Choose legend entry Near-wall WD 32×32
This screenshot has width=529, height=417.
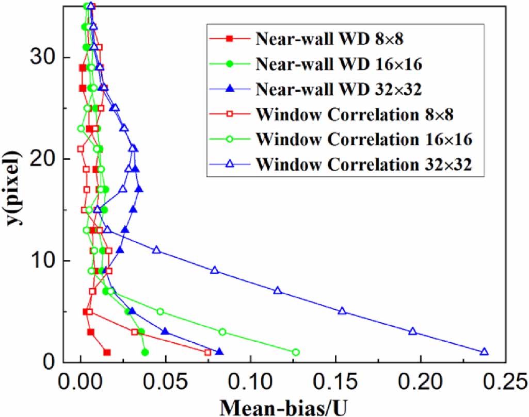339,89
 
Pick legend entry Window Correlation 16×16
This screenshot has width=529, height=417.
364,139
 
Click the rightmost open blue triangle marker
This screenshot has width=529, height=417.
484,352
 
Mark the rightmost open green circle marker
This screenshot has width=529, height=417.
296,353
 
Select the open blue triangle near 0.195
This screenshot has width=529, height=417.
412,331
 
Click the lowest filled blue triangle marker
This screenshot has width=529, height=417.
219,352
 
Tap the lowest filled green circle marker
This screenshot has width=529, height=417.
145,353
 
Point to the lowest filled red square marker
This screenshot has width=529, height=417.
107,353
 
